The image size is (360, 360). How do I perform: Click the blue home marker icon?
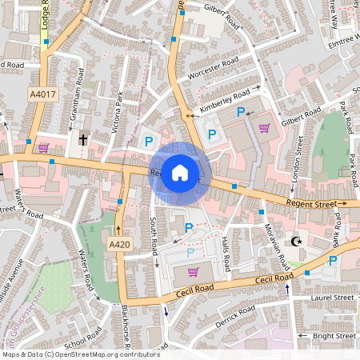(x=180, y=173)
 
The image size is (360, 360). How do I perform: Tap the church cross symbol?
(x=83, y=140)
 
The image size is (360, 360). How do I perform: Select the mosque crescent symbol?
(x=298, y=241)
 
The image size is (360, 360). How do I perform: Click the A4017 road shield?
(x=45, y=94)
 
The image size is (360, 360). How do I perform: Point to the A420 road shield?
(x=118, y=244)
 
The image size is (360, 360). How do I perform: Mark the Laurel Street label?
(x=332, y=298)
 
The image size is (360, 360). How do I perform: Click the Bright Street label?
(x=334, y=336)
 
